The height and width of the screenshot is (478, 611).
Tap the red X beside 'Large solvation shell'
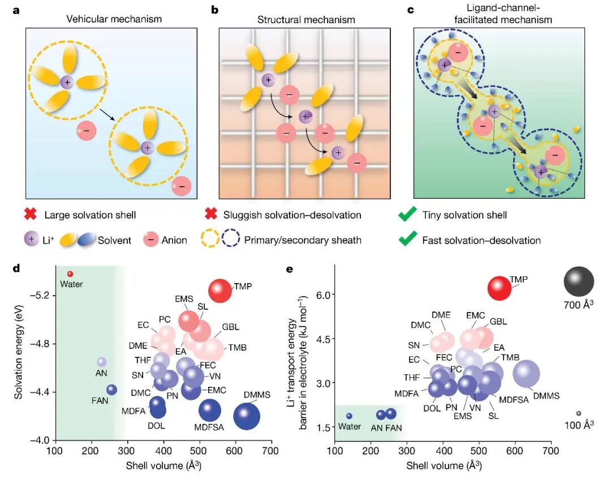point(31,215)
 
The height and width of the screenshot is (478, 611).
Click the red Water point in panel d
point(70,274)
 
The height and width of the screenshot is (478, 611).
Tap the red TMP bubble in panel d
point(220,291)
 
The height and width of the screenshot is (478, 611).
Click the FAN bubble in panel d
point(111,390)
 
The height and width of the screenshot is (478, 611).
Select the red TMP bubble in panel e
point(500,288)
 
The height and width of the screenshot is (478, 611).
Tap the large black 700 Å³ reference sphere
point(579,281)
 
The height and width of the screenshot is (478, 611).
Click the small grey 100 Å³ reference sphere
point(579,413)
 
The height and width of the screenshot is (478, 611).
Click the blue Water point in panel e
point(349,416)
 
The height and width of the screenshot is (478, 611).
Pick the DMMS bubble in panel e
point(526,373)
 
